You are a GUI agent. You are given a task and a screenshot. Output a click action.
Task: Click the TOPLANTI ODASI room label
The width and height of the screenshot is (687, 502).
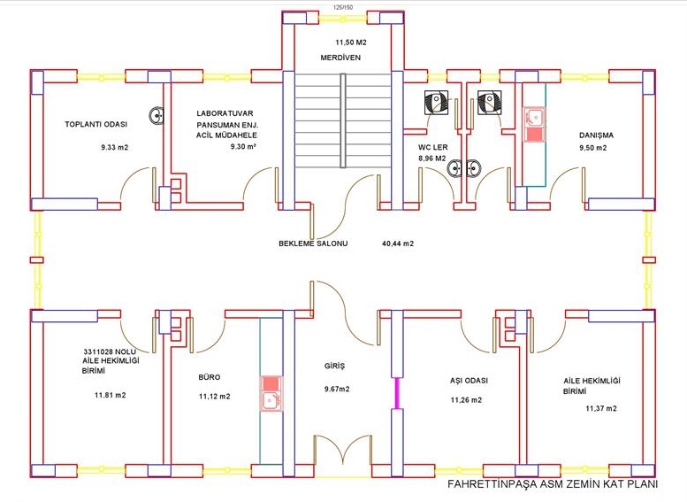[96, 124]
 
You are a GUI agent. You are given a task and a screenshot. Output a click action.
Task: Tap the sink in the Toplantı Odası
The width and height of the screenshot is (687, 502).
[157, 115]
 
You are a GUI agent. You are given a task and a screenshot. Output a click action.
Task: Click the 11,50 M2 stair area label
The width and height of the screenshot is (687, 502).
[351, 42]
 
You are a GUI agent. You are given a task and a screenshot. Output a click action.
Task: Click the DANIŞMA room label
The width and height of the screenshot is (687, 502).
[596, 135]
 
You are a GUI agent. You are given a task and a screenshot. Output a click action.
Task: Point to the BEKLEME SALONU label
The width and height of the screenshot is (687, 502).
[313, 243]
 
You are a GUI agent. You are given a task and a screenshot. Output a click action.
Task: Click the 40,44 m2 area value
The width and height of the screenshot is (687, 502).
[398, 243]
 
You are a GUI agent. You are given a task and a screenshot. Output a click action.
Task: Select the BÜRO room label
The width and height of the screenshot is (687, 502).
[210, 376]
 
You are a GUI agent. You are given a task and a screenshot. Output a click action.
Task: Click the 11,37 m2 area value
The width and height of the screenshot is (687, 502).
[601, 409]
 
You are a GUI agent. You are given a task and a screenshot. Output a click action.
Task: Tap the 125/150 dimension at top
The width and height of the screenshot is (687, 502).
[342, 6]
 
